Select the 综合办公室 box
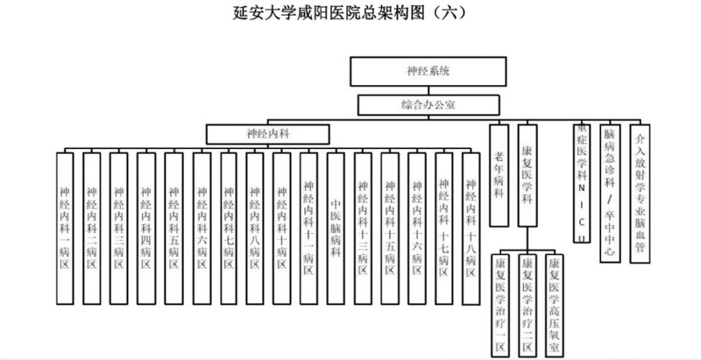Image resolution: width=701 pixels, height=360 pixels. coord(427,104)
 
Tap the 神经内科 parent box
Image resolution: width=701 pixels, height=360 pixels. coord(267,134)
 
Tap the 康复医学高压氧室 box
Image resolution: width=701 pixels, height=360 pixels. coord(554,301)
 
